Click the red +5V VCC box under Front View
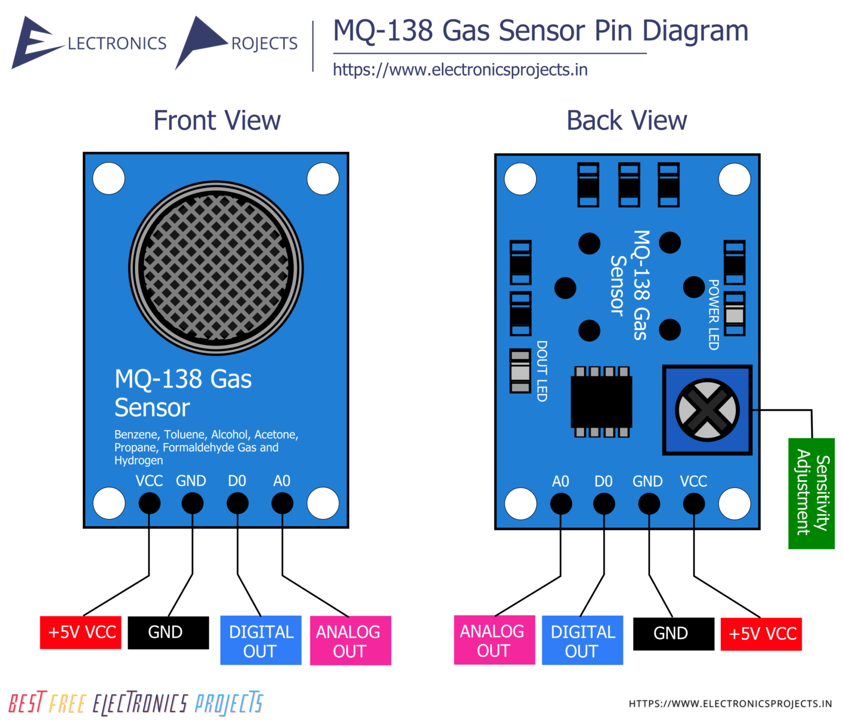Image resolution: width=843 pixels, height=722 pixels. tap(81, 633)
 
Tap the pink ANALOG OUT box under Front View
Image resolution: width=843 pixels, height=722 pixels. tap(350, 640)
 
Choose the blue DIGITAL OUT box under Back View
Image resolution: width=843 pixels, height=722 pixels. tap(582, 640)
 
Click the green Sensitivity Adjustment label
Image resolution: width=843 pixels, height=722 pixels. tap(811, 493)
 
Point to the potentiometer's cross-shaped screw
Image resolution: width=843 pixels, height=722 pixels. tap(707, 410)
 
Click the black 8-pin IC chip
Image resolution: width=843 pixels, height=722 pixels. tap(602, 402)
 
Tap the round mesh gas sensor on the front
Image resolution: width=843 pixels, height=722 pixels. tap(216, 268)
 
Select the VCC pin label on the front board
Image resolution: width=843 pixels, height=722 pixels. tap(149, 481)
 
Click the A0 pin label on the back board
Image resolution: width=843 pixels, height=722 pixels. tap(560, 481)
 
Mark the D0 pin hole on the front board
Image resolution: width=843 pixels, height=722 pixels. tap(237, 503)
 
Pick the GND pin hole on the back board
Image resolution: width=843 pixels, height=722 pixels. tap(649, 504)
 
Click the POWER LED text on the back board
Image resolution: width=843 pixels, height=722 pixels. tap(713, 315)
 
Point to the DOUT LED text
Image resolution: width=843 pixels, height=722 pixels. tap(542, 371)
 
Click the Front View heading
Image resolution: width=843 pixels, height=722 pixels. tap(217, 121)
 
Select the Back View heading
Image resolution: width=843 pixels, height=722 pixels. tap(626, 121)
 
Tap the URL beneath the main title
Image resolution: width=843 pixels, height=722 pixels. tap(460, 70)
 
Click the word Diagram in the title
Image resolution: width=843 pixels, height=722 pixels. tap(695, 31)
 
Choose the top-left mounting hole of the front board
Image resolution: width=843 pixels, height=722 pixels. tap(109, 179)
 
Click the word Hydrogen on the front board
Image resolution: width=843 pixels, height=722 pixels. tap(138, 461)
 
